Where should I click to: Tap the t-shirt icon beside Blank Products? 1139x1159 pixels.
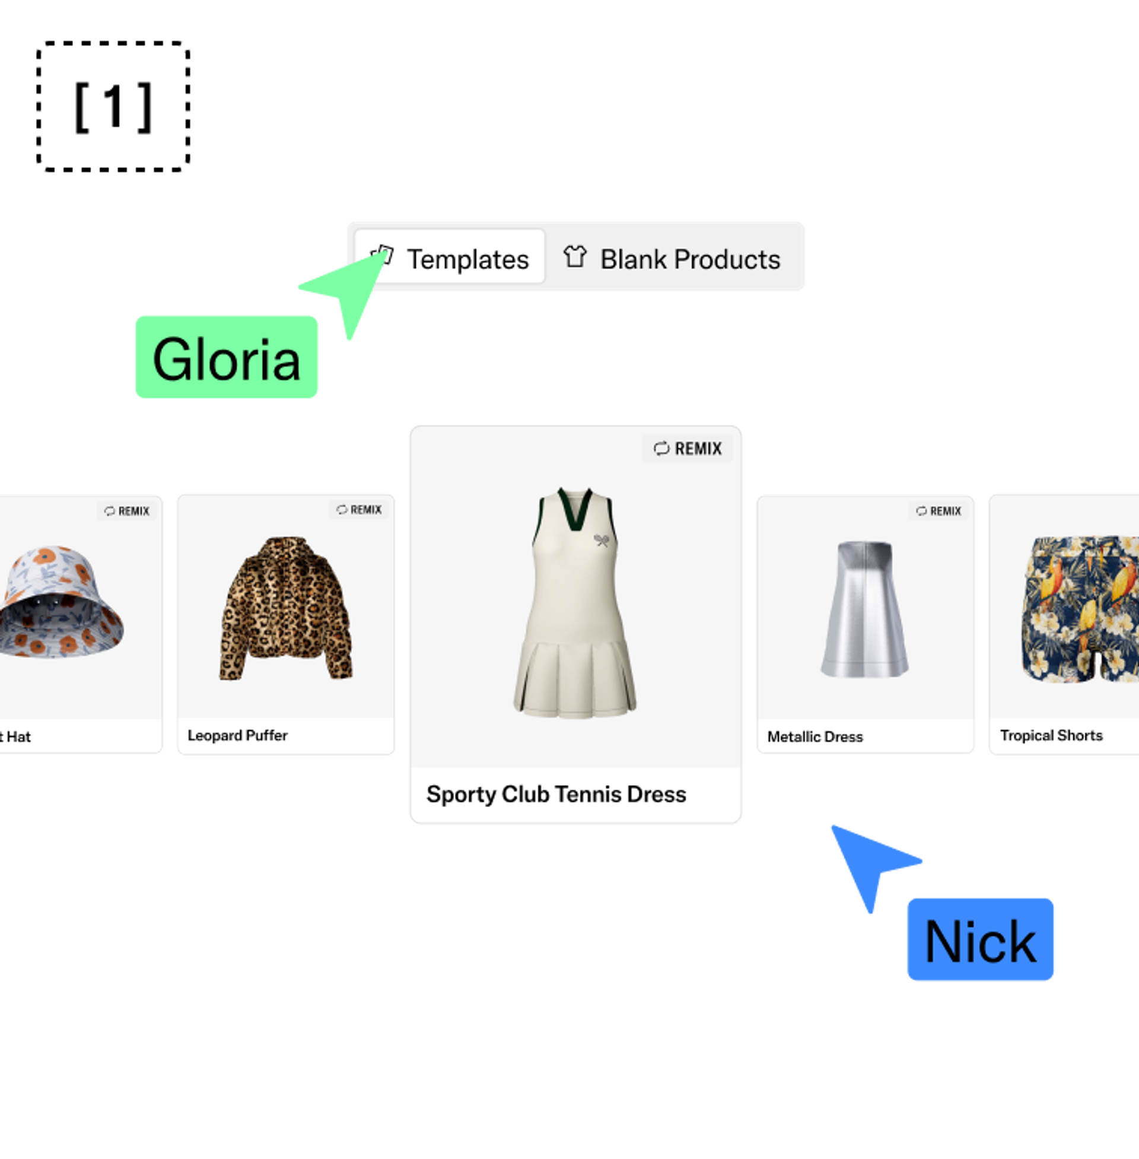pos(575,257)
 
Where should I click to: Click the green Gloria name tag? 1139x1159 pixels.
pos(226,357)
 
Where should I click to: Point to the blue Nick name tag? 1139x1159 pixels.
pos(980,940)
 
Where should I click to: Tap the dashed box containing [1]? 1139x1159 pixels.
pos(113,106)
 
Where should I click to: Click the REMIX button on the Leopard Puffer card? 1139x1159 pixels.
pos(359,509)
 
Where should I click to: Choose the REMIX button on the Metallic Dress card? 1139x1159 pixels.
pos(938,510)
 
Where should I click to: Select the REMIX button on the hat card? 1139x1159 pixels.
pos(127,510)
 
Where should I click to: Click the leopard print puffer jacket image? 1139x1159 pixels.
pos(286,608)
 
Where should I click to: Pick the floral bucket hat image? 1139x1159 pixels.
pos(60,601)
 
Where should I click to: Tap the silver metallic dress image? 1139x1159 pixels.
pos(864,609)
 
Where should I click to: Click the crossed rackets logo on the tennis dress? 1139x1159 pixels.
pos(601,540)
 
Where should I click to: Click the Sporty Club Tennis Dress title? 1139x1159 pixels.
pos(556,794)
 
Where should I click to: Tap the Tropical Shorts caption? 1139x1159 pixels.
pos(1051,735)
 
